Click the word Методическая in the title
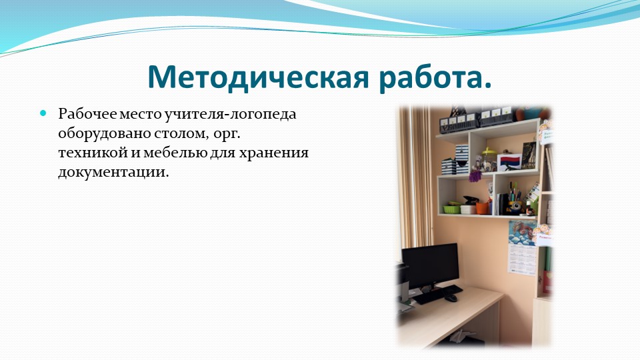[258, 77]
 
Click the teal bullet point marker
[43, 113]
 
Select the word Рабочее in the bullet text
[87, 114]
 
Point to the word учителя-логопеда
[230, 114]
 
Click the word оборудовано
[105, 133]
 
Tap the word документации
[113, 172]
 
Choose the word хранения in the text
[273, 153]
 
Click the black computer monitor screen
[430, 265]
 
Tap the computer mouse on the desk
[450, 299]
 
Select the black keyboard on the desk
[437, 294]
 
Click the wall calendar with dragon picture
[522, 247]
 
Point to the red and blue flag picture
[509, 162]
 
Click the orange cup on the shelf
[483, 208]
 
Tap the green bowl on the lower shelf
[451, 209]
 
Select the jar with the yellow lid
[488, 159]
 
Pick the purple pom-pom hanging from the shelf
[475, 176]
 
